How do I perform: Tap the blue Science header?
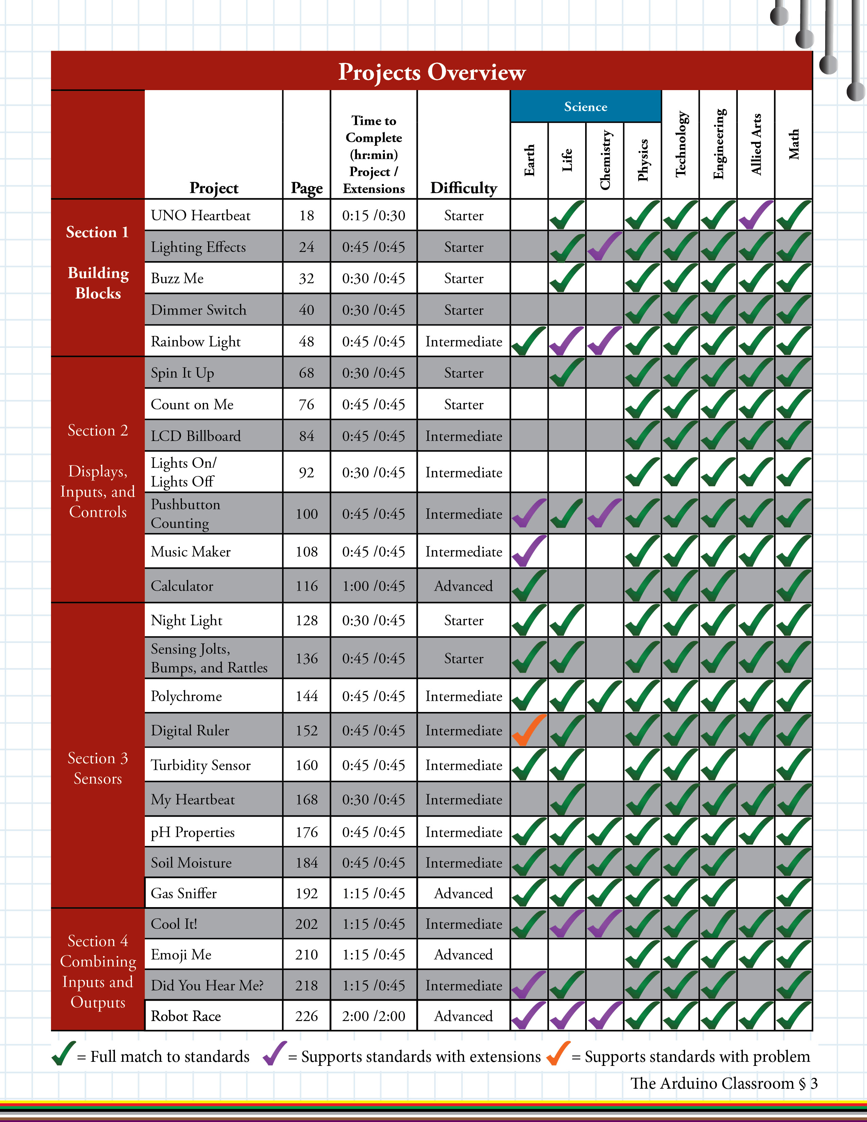point(585,106)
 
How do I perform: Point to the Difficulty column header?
point(463,188)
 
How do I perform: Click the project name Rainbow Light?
point(196,342)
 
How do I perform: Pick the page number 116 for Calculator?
point(307,586)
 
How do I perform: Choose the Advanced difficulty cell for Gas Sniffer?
point(463,894)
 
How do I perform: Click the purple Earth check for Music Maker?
point(528,551)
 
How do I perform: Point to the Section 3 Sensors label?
point(98,768)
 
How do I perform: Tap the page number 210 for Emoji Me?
point(307,954)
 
